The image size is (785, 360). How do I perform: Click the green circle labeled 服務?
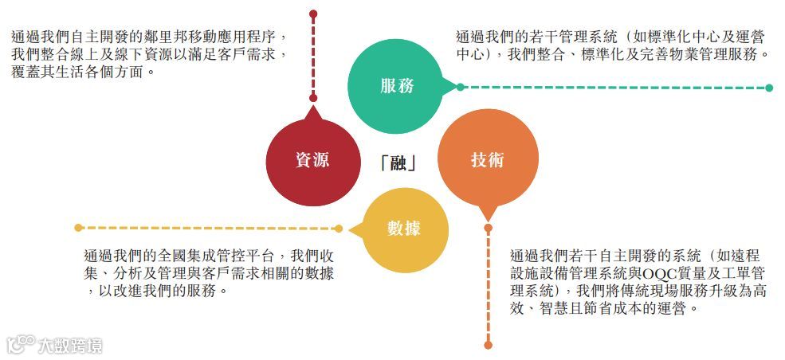tap(396, 86)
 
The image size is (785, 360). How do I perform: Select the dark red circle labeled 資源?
tap(312, 159)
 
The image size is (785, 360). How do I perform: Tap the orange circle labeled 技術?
tap(486, 159)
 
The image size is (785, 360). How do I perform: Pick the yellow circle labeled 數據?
tap(403, 228)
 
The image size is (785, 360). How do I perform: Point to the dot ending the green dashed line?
tap(769, 88)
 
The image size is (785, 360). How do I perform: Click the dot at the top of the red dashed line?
tap(313, 14)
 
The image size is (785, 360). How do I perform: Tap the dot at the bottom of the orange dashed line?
tap(489, 345)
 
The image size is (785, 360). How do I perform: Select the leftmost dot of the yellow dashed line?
tap(77, 228)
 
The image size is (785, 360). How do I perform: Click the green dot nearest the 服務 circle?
tap(460, 87)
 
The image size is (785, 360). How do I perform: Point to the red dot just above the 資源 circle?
tap(313, 98)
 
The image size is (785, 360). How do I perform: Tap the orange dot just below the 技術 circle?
tap(489, 227)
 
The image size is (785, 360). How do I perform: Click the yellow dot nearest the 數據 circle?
tap(339, 229)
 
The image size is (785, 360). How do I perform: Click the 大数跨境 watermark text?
tap(69, 346)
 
